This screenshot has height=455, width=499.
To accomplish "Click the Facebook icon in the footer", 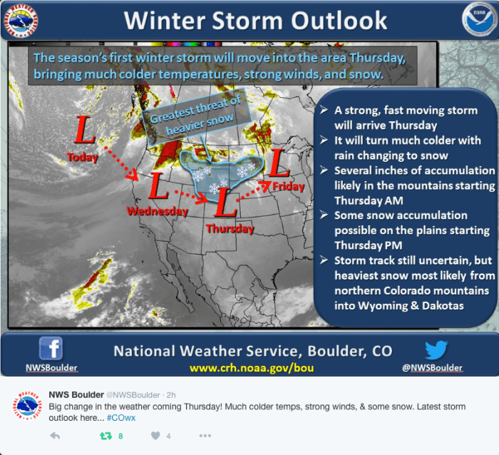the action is coord(51,349).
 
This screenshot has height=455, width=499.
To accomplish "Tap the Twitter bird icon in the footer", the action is coord(436,349).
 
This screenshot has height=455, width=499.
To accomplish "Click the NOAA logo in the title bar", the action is coord(479,20).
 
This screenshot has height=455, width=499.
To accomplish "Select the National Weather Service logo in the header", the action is coord(21,21).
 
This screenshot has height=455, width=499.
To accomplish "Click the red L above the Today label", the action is coord(84,130).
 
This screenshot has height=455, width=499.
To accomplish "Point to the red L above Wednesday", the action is coord(158,185).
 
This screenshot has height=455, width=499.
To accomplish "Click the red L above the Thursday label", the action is coord(226,203).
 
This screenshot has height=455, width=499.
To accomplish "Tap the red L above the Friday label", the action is coord(279,163).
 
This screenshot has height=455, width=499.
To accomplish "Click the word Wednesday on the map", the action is coord(158,211).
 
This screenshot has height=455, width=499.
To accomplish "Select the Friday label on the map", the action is coord(288,186).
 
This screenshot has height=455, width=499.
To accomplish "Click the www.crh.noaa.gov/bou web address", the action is coord(252,368).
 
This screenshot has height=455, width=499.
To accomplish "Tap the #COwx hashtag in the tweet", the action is coord(121,418).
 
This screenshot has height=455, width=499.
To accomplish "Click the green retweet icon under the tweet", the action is coord(106,436).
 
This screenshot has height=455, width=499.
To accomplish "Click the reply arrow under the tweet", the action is coord(55,436).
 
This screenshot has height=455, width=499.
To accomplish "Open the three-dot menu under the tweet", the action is coord(205,436).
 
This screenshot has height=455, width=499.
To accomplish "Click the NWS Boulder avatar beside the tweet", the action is coord(27,405).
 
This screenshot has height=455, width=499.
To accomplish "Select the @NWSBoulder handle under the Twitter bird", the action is coord(432,368).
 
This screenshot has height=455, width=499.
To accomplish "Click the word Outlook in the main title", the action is coord(339,21).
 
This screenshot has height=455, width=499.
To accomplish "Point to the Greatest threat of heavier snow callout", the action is coord(196,116).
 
